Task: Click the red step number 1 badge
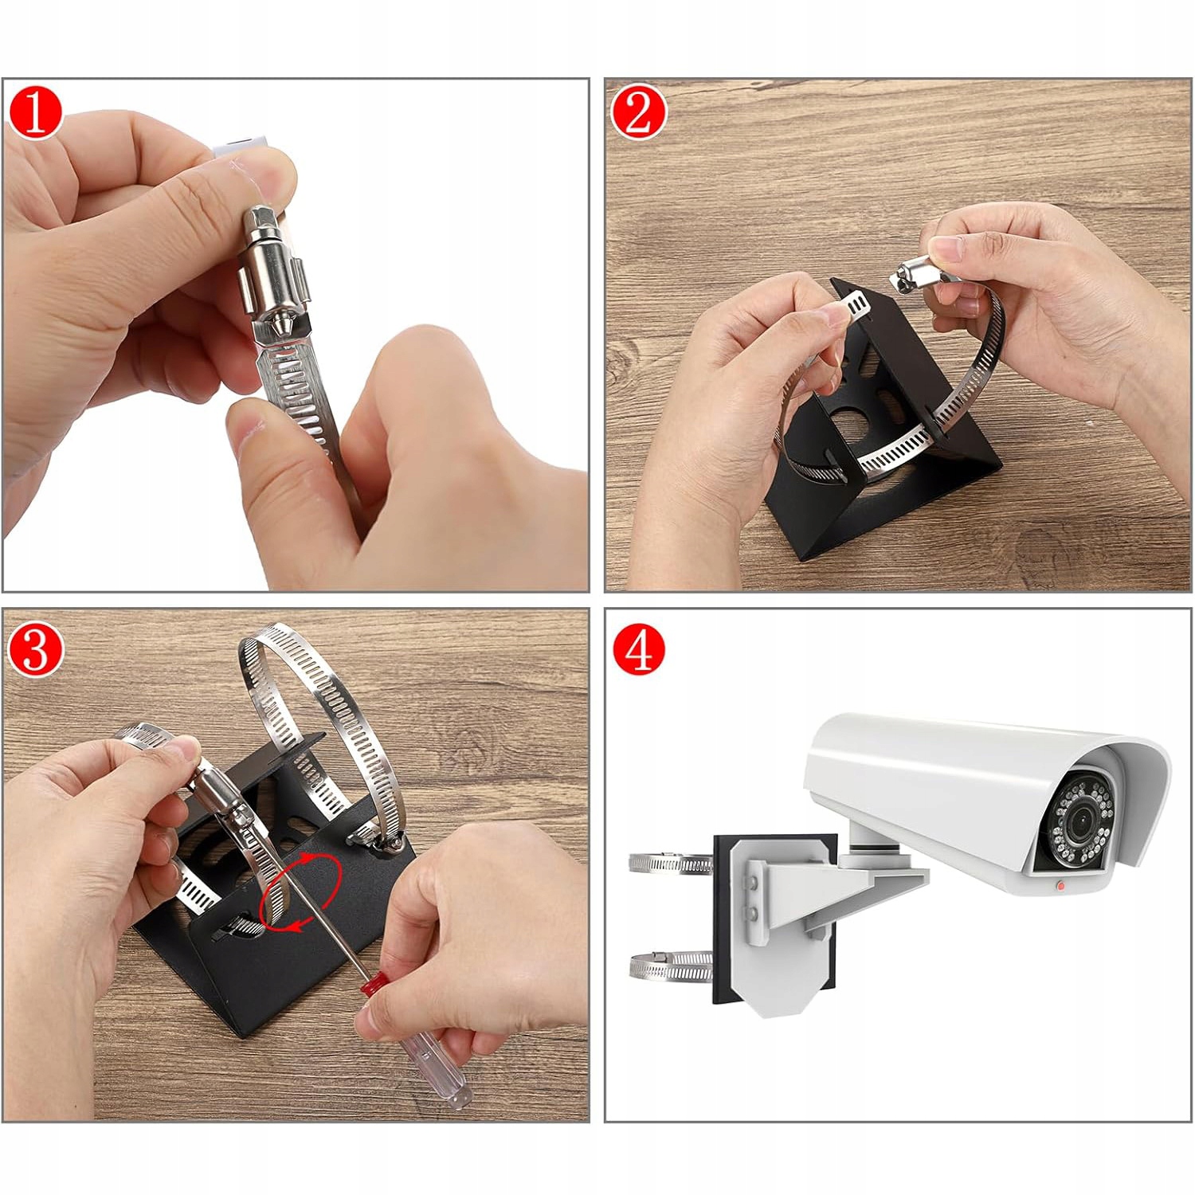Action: tap(35, 113)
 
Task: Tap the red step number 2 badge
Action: tap(638, 113)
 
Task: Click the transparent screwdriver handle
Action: tap(430, 1060)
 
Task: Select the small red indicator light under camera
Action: tap(1060, 884)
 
